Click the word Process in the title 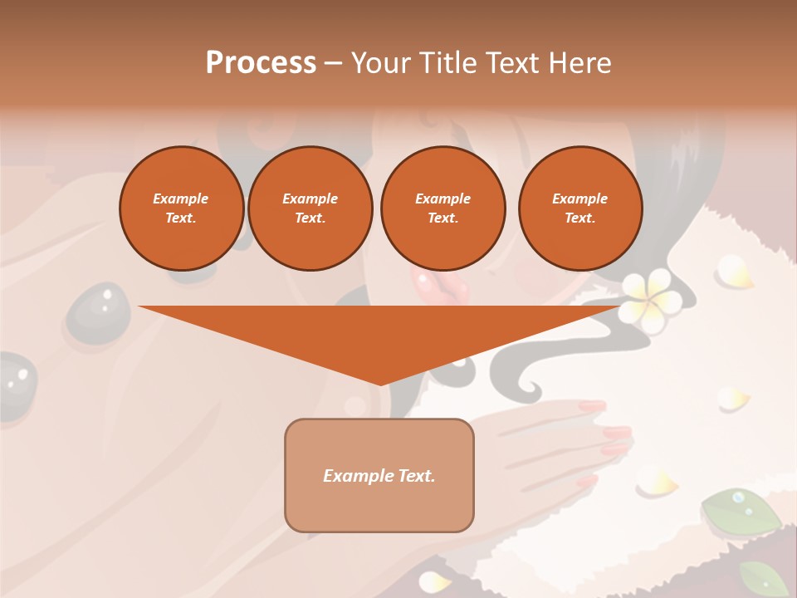[261, 63]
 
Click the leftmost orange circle [181, 208]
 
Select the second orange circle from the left [310, 208]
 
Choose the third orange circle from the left [443, 208]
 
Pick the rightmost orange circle [579, 208]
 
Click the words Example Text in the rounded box [379, 476]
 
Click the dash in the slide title [333, 64]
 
